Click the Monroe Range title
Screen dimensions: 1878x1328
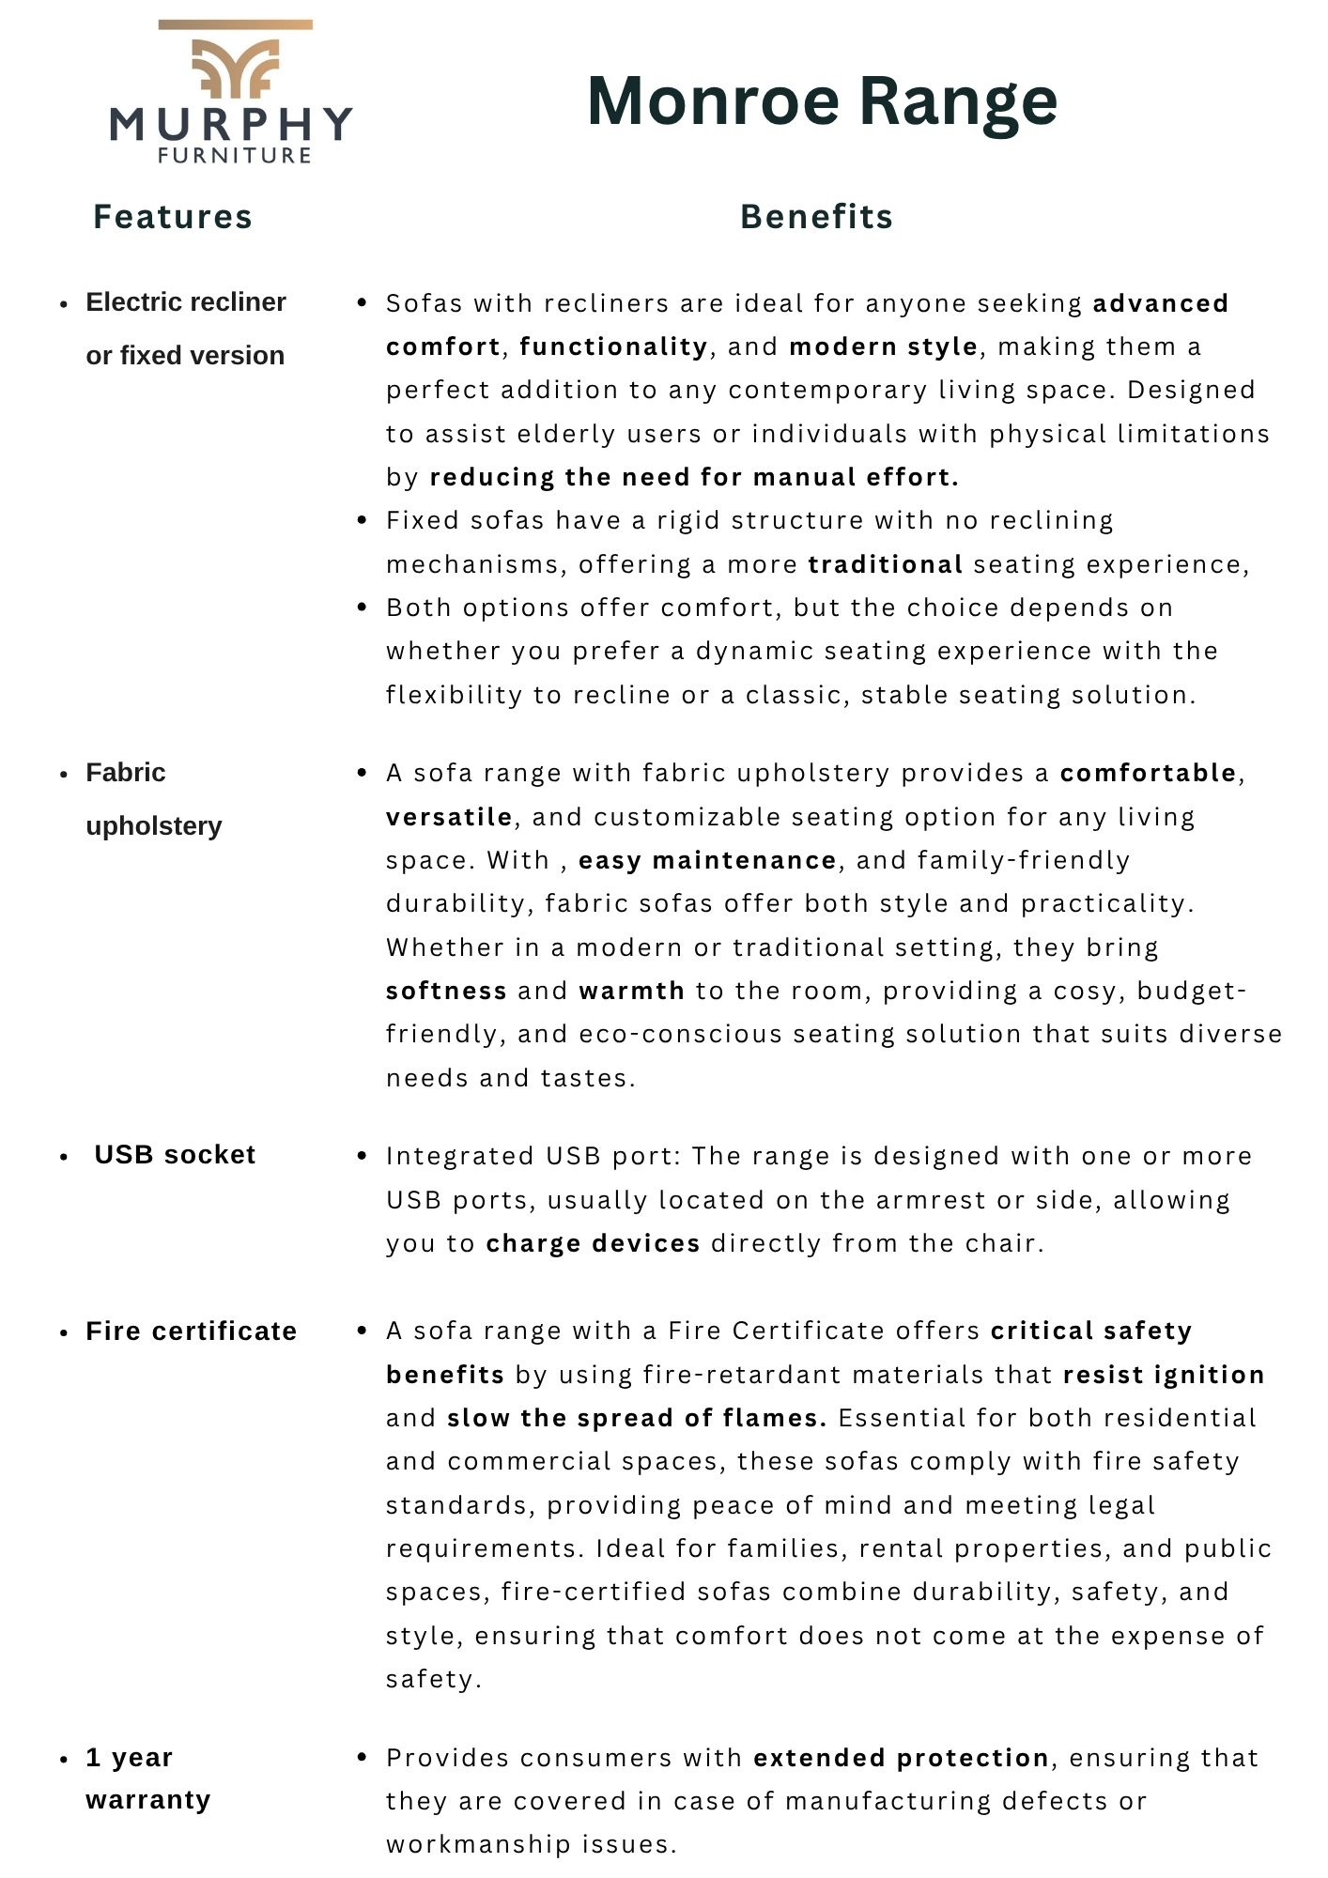[x=822, y=101]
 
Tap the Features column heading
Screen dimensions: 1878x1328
[x=173, y=217]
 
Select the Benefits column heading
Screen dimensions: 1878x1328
[x=816, y=217]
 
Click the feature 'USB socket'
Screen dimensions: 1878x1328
[x=175, y=1154]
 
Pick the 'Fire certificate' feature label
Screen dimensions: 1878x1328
[x=192, y=1331]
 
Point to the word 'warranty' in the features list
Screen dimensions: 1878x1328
[x=148, y=1800]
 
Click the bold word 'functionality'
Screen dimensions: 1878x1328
[x=613, y=346]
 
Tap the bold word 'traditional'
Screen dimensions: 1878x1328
[x=886, y=564]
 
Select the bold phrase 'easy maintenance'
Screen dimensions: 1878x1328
[x=707, y=860]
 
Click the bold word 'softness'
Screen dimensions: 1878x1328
[x=446, y=991]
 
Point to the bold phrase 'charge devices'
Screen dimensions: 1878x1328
[x=593, y=1243]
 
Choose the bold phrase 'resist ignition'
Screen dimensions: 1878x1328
[x=1164, y=1375]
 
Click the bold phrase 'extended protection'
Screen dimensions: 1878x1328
[x=901, y=1758]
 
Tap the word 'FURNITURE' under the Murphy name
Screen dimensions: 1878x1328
[x=235, y=156]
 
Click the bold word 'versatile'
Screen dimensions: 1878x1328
[x=449, y=817]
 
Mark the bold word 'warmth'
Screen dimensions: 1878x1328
[x=631, y=991]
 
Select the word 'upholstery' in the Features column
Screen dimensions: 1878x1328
[x=154, y=826]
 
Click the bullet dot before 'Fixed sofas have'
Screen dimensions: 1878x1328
[x=363, y=520]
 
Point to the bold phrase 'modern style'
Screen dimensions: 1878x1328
[x=883, y=346]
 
